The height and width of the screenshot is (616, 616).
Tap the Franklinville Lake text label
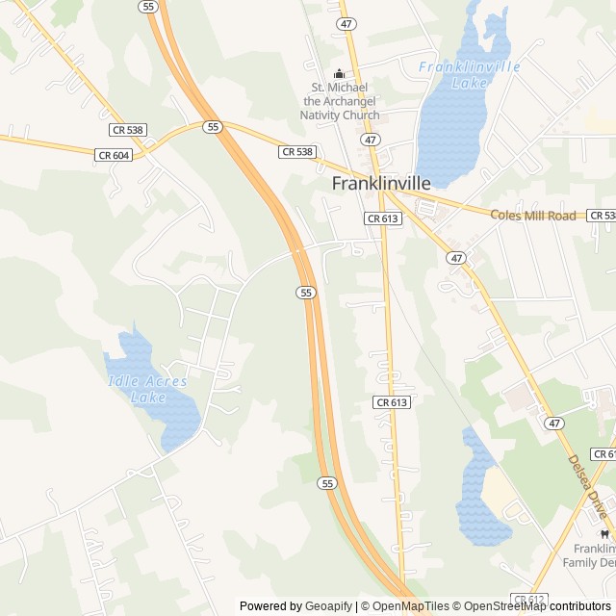470,74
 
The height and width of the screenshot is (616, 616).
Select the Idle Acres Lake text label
146,389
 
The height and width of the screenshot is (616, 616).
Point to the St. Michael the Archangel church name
341,100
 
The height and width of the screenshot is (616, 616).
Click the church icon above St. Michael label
339,73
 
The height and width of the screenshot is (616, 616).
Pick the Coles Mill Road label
533,216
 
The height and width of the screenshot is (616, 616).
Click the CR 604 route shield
113,154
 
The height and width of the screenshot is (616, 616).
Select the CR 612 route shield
528,599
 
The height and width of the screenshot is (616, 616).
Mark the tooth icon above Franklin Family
604,533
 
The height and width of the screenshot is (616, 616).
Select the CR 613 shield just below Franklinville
384,218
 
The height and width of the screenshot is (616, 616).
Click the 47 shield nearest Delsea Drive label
552,423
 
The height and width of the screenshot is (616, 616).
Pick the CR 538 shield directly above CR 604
128,129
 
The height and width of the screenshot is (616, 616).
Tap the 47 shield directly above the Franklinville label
371,141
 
